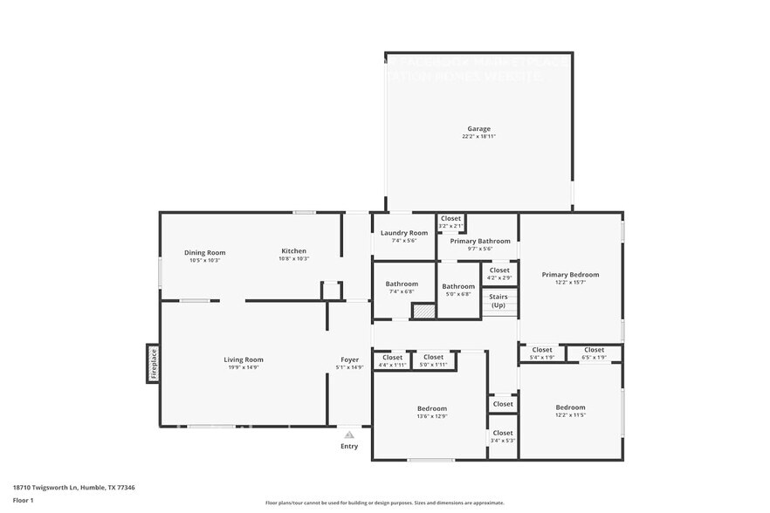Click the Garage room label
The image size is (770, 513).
pyautogui.click(x=478, y=129)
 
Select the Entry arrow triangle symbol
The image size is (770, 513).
pyautogui.click(x=349, y=434)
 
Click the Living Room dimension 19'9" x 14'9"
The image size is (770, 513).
pyautogui.click(x=243, y=367)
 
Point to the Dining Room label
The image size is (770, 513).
pyautogui.click(x=204, y=252)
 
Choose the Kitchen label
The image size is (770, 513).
pyautogui.click(x=293, y=251)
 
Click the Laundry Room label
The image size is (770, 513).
pyautogui.click(x=404, y=233)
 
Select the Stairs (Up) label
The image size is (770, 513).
pyautogui.click(x=498, y=301)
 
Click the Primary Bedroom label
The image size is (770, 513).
pyautogui.click(x=570, y=274)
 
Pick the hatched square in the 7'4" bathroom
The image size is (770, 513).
pyautogui.click(x=423, y=310)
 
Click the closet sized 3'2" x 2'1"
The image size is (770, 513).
pyautogui.click(x=450, y=222)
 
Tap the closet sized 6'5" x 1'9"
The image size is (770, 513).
pyautogui.click(x=594, y=353)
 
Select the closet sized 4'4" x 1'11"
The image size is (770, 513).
pyautogui.click(x=393, y=360)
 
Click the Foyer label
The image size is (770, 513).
pyautogui.click(x=349, y=359)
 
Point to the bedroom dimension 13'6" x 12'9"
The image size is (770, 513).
pyautogui.click(x=431, y=416)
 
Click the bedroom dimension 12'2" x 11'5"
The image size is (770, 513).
pyautogui.click(x=570, y=415)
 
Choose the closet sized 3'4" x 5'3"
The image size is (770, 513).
pyautogui.click(x=502, y=436)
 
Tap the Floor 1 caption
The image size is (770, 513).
pyautogui.click(x=24, y=501)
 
